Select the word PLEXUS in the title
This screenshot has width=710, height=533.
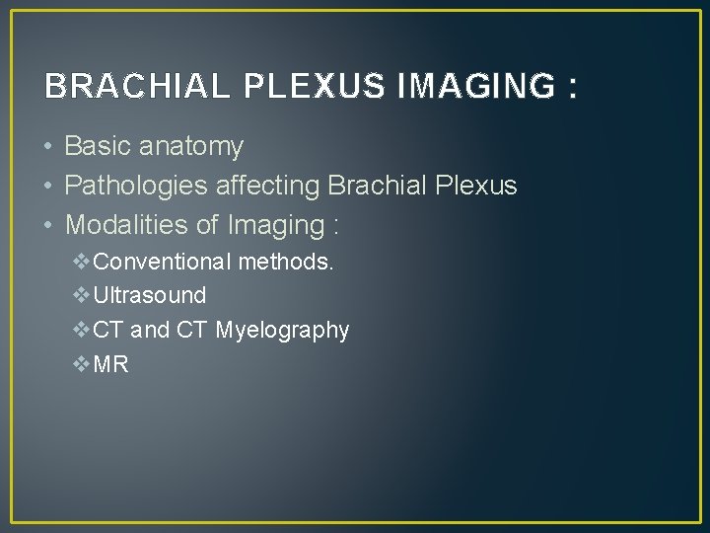click(306, 87)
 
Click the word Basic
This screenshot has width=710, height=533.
click(98, 147)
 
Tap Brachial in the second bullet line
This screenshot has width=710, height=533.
click(383, 186)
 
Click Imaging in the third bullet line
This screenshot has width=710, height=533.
click(275, 226)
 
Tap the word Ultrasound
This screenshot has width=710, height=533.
click(150, 295)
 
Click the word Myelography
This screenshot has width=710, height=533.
click(282, 331)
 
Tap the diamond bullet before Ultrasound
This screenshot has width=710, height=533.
click(82, 295)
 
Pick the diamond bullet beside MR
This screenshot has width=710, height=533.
click(82, 364)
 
